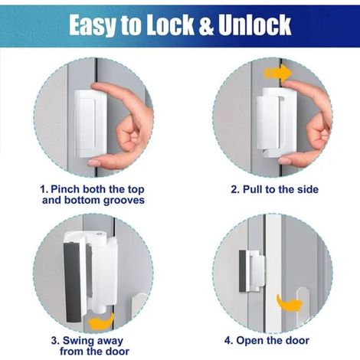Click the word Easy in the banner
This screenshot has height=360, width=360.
(x=92, y=25)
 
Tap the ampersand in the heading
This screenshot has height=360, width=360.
(x=206, y=25)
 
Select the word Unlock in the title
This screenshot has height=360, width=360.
(x=255, y=25)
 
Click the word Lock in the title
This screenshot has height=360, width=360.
(x=169, y=25)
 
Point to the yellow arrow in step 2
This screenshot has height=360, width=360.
(x=278, y=73)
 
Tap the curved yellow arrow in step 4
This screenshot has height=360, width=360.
(x=289, y=303)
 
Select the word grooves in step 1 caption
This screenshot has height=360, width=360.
(x=124, y=201)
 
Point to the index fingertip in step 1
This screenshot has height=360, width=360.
(x=97, y=87)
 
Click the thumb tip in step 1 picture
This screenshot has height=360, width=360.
(x=93, y=162)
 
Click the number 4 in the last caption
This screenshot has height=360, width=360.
(x=228, y=341)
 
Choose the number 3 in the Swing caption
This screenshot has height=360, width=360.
(x=54, y=341)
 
